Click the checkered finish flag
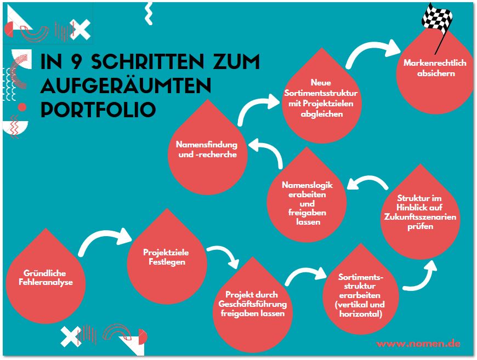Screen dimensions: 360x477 coord(437,18)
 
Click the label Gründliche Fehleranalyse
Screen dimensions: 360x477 coord(48,278)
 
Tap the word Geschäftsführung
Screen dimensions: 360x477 coord(252,304)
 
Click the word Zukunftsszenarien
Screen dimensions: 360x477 coord(421,217)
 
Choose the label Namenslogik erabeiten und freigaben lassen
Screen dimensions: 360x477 coord(307,203)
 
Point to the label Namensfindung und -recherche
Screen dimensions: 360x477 coord(207,150)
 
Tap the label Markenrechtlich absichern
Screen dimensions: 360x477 coord(435,68)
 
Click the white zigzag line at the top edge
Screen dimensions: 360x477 coord(148,12)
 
